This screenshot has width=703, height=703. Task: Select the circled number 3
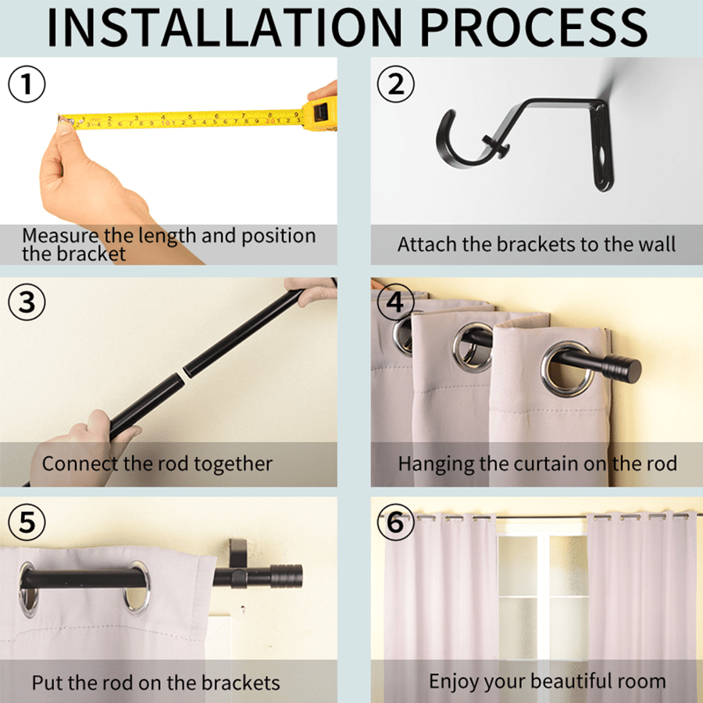point(27,302)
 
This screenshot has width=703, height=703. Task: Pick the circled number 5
point(27,522)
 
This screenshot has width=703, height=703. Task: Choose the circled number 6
point(396,522)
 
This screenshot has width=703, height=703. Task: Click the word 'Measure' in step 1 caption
point(59,235)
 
